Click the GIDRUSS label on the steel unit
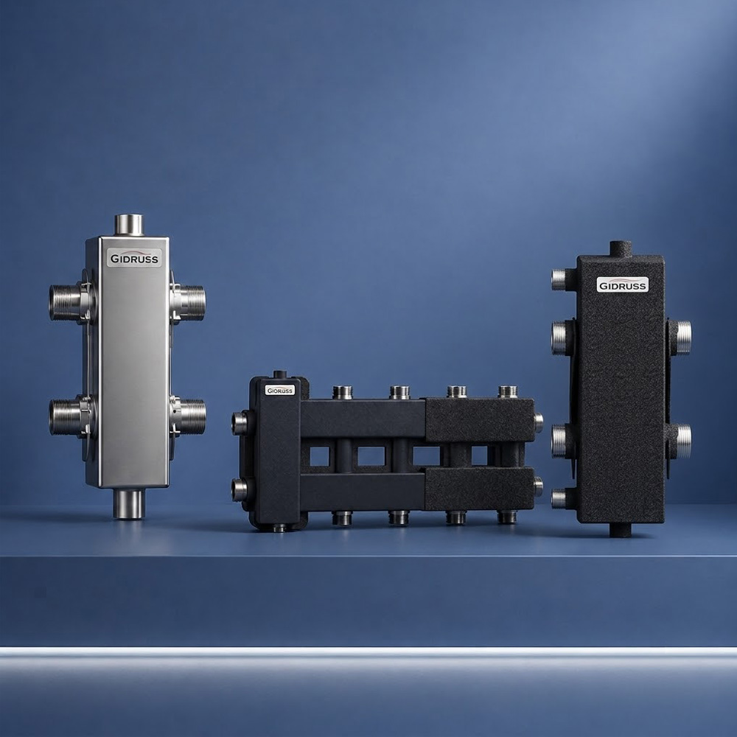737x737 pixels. pos(134,257)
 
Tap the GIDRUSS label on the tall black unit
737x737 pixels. pos(623,284)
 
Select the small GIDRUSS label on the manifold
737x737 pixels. pos(279,390)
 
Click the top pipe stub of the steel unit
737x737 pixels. pos(129,225)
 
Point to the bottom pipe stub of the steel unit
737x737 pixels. pos(129,503)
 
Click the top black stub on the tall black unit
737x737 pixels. pos(621,249)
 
